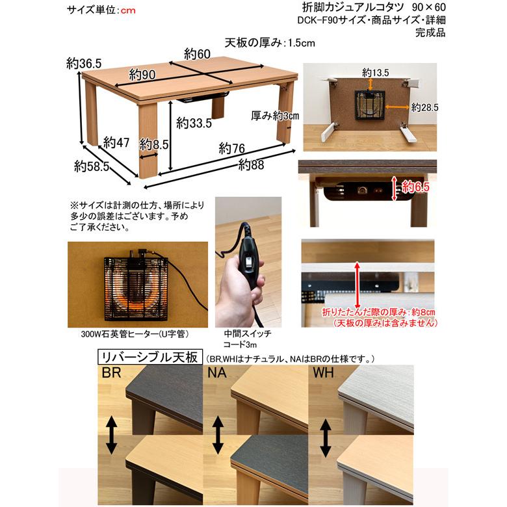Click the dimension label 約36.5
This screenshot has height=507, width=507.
tap(84, 63)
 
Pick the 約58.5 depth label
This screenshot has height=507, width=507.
tap(91, 167)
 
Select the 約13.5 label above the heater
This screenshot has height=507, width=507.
tap(375, 72)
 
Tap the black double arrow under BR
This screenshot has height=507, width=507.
tap(112, 435)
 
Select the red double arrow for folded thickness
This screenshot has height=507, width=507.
tap(357, 283)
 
